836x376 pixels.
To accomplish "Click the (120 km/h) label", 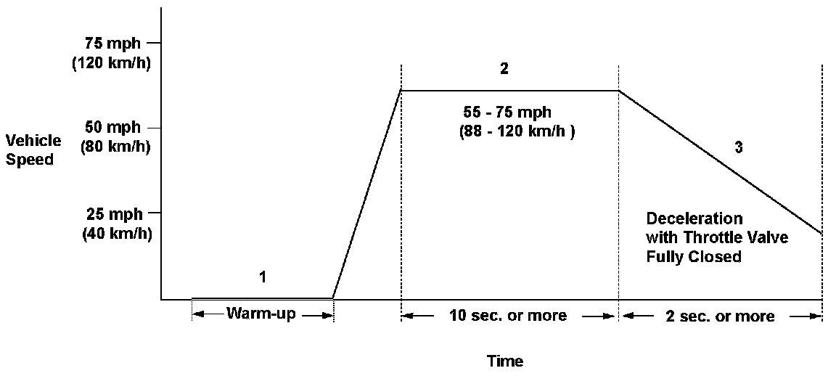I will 111,62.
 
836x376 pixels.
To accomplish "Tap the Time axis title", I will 505,361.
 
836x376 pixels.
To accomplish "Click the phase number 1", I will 262,277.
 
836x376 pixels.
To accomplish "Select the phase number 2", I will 504,70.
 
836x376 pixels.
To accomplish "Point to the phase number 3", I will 738,148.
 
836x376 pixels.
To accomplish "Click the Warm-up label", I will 261,314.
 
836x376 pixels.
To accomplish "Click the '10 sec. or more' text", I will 507,316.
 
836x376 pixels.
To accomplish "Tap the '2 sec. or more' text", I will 719,316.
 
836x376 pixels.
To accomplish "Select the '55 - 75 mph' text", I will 507,113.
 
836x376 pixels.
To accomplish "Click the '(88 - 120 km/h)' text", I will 517,133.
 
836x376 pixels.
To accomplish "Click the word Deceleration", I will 694,218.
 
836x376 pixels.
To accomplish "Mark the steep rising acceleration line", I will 366,195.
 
